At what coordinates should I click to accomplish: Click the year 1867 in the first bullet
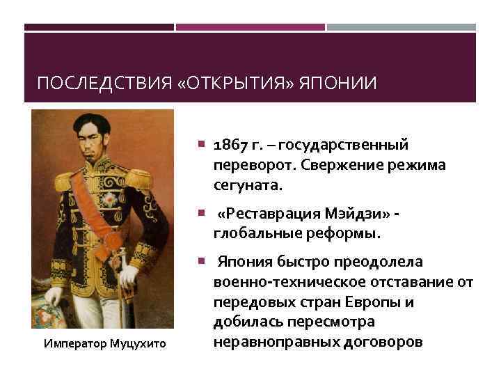[x=230, y=144]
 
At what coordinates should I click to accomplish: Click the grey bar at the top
[x=401, y=27]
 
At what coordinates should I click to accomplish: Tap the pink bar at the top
[x=250, y=27]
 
